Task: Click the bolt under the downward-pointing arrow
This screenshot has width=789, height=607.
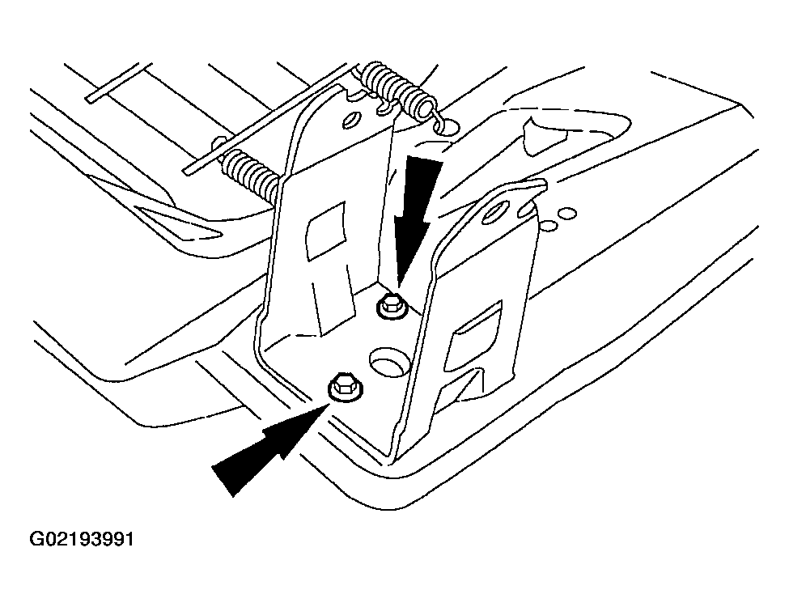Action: pyautogui.click(x=390, y=305)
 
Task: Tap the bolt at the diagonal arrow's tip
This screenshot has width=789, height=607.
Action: pyautogui.click(x=346, y=388)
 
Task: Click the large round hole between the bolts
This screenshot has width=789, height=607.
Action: pyautogui.click(x=390, y=361)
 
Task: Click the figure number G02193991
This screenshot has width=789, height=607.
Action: pyautogui.click(x=82, y=539)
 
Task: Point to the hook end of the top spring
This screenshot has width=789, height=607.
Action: pyautogui.click(x=443, y=122)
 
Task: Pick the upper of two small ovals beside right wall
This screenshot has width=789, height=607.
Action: pyautogui.click(x=568, y=214)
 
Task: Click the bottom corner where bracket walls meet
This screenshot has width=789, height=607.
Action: pyautogui.click(x=393, y=457)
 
